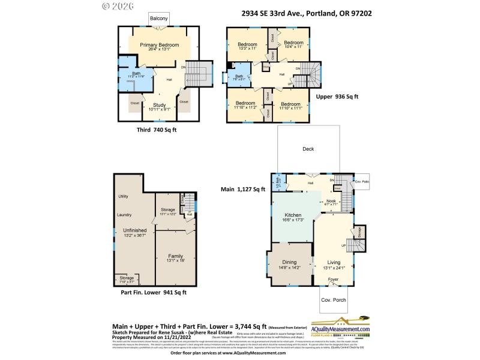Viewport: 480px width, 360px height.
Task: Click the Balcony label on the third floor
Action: coord(159,19)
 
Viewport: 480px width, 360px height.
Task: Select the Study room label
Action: coord(159,105)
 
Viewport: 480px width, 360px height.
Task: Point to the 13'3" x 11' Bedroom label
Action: coord(247,45)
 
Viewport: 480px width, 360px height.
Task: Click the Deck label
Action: coord(308,149)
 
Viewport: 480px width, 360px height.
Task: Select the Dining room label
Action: coord(289,262)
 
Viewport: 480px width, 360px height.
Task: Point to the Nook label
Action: coord(331,202)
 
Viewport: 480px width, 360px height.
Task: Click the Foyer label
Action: coord(332,280)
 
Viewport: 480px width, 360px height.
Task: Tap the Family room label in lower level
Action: coord(175,255)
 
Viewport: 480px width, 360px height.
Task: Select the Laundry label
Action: coord(124,214)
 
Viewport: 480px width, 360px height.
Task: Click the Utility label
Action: coord(124,196)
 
